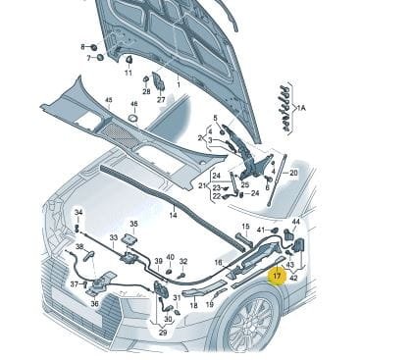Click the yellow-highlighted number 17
[277, 276]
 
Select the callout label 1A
[300, 108]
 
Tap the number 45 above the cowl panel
[108, 100]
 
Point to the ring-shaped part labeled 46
[133, 118]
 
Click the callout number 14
[173, 215]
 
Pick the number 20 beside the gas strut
[293, 173]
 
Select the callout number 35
[133, 224]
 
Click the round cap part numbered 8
[93, 47]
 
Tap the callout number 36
[94, 304]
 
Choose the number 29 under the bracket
[163, 333]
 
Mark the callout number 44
[295, 222]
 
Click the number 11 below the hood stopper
[129, 73]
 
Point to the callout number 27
[161, 99]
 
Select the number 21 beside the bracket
[202, 186]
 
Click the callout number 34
[78, 213]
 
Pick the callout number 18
[193, 305]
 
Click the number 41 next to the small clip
[261, 230]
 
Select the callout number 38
[79, 246]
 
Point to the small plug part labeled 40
[169, 271]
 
